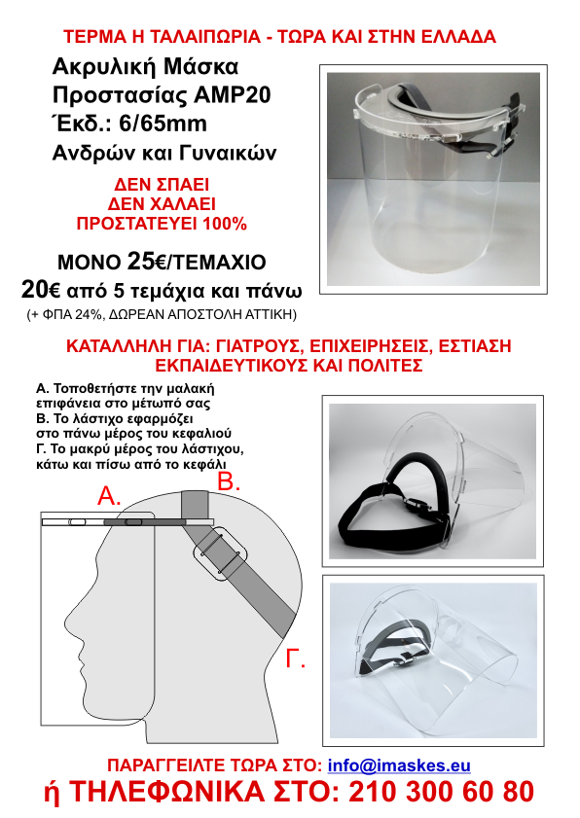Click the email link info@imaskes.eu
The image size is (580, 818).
(399, 765)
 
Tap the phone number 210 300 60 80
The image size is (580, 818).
(441, 792)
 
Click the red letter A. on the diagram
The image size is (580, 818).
(109, 497)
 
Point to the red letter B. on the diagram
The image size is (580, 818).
(228, 481)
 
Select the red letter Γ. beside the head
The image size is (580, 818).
(295, 658)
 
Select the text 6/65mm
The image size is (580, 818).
(163, 124)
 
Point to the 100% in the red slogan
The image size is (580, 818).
(225, 224)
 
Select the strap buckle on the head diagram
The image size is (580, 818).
(220, 554)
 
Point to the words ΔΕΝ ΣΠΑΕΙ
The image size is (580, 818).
(162, 185)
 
